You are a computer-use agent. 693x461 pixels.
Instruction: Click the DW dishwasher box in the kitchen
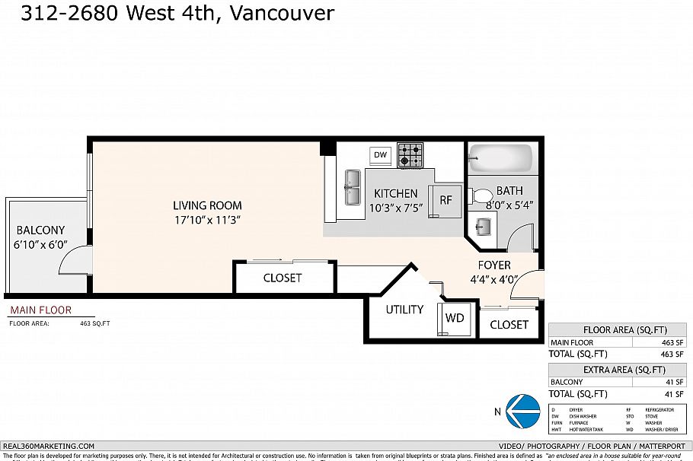click(x=381, y=155)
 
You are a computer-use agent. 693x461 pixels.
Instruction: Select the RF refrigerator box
click(x=446, y=200)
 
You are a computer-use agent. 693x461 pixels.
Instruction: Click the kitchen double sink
click(x=353, y=187)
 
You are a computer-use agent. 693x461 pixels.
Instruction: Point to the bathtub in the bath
click(x=500, y=159)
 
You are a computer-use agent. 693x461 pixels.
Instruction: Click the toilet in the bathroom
click(x=481, y=195)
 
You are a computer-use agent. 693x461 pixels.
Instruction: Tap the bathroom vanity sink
click(x=483, y=225)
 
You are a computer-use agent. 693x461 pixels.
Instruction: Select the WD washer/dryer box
click(x=455, y=317)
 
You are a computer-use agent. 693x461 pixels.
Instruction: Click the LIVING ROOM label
click(x=207, y=205)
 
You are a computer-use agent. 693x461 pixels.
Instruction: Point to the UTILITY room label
click(x=404, y=310)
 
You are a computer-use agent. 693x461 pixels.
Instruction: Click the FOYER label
click(x=494, y=265)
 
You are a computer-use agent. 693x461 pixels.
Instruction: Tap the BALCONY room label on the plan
click(x=40, y=230)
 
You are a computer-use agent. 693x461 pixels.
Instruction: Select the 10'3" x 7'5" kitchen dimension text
click(x=395, y=208)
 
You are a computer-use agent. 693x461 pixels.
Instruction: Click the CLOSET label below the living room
click(x=283, y=278)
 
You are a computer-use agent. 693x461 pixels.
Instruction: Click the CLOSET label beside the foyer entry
click(x=509, y=325)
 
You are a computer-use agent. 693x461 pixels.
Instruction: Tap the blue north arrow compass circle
click(x=522, y=411)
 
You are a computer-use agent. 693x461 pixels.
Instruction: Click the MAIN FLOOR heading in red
click(x=40, y=310)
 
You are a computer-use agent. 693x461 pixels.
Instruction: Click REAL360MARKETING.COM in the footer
click(x=49, y=447)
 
